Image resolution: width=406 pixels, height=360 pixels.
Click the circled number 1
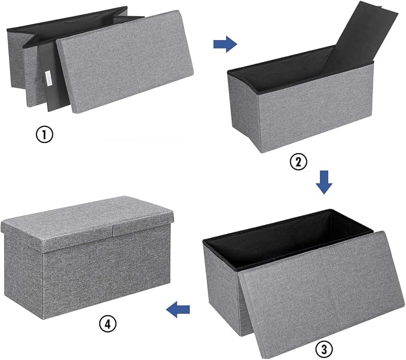tap(44, 135)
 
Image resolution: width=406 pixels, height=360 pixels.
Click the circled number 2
tap(298, 162)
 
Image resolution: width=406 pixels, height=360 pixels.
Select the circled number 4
tap(108, 324)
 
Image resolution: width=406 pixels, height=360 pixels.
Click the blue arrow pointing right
tap(225, 44)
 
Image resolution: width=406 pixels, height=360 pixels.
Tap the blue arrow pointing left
tap(178, 309)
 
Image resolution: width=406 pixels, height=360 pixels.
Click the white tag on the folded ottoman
tap(48, 77)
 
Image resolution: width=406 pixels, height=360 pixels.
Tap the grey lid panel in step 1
tap(125, 62)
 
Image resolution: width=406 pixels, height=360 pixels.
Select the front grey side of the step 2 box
tap(315, 109)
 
